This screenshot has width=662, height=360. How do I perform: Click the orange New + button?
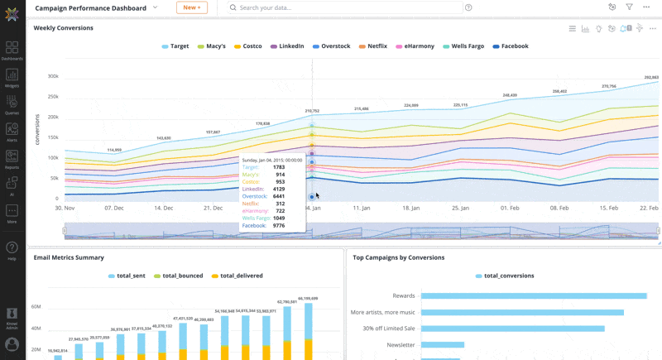(x=191, y=7)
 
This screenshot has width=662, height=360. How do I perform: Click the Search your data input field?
(x=348, y=7)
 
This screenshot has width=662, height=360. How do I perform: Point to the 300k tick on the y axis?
(x=52, y=76)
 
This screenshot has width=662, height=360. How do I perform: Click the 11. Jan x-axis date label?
(x=361, y=209)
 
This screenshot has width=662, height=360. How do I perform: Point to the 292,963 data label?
(x=651, y=77)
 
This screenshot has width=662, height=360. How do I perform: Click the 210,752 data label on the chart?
(x=312, y=110)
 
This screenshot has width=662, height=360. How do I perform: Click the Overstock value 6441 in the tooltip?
(x=279, y=196)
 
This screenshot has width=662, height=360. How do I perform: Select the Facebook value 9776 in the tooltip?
(x=279, y=225)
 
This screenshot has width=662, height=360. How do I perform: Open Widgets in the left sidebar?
(x=12, y=77)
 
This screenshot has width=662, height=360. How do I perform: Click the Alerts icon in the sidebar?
(x=12, y=132)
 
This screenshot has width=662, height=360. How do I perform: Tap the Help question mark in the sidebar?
(x=12, y=248)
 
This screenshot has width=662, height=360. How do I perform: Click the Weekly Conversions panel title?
(x=63, y=28)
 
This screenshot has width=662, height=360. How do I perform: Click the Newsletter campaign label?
(x=400, y=345)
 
